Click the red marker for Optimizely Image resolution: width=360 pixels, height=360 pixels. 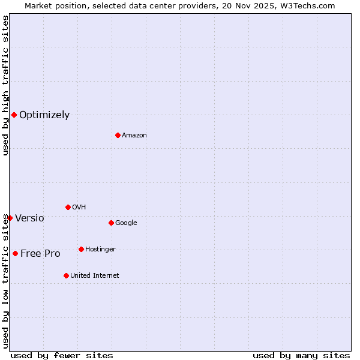pyautogui.click(x=14, y=115)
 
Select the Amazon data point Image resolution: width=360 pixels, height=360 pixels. pyautogui.click(x=118, y=135)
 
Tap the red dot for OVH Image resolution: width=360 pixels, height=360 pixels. pyautogui.click(x=68, y=207)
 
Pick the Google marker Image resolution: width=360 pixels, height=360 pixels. pyautogui.click(x=111, y=223)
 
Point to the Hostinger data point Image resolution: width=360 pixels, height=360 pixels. pyautogui.click(x=81, y=249)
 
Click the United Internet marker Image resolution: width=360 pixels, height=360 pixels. pyautogui.click(x=66, y=275)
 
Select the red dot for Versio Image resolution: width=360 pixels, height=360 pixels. pyautogui.click(x=10, y=218)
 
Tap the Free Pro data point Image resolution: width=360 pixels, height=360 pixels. pyautogui.click(x=15, y=253)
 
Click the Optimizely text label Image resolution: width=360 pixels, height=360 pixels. pyautogui.click(x=44, y=115)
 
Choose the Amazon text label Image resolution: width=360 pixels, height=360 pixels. pyautogui.click(x=134, y=136)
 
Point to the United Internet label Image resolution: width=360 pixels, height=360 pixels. pyautogui.click(x=95, y=276)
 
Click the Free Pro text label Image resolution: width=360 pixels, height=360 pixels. pyautogui.click(x=40, y=254)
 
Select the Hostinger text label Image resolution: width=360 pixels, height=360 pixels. pyautogui.click(x=100, y=250)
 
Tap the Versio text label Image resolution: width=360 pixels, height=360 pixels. pyautogui.click(x=29, y=218)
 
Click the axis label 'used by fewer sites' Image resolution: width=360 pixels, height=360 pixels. pyautogui.click(x=62, y=356)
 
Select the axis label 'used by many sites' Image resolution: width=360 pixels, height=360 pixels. pyautogui.click(x=301, y=356)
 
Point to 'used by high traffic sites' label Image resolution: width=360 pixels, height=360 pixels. pyautogui.click(x=5, y=86)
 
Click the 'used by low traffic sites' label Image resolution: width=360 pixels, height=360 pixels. pyautogui.click(x=5, y=281)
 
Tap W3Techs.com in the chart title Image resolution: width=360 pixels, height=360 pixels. pyautogui.click(x=308, y=6)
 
